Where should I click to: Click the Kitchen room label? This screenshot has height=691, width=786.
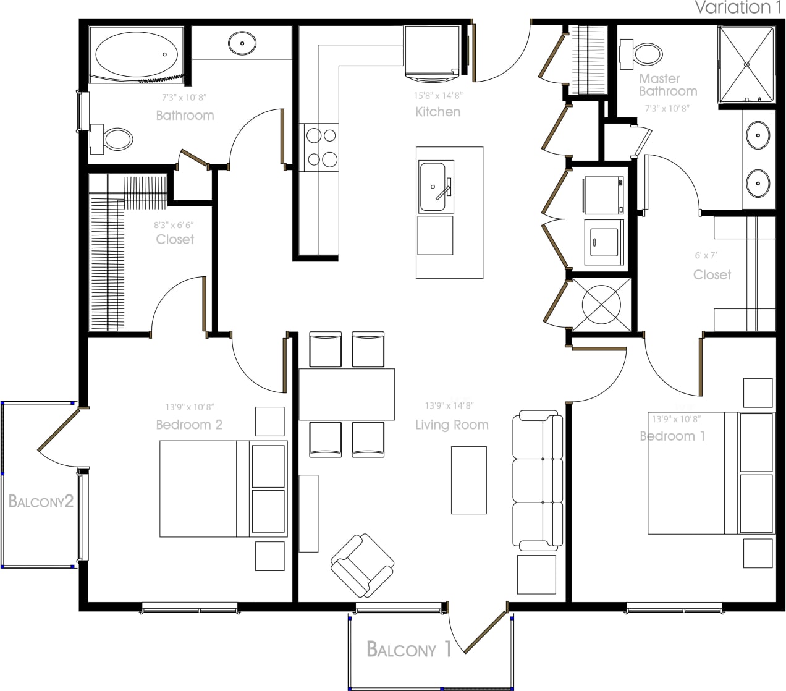(437, 112)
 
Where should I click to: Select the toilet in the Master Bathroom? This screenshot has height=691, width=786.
(643, 54)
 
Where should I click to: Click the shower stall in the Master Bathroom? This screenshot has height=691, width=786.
(746, 64)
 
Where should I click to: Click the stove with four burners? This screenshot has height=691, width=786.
(321, 147)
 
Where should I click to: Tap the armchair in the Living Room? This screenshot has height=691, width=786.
(361, 565)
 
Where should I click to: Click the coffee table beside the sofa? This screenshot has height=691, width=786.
(468, 480)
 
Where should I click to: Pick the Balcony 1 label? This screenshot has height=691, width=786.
(409, 650)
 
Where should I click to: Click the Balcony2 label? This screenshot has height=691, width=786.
(41, 501)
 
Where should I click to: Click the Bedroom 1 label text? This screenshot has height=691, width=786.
(672, 436)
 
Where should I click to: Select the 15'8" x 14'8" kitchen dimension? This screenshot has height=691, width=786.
(437, 96)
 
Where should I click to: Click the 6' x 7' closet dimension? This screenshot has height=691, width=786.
(706, 255)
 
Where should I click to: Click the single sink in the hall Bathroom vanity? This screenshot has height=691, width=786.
(242, 43)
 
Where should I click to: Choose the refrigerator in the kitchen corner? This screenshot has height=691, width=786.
(432, 52)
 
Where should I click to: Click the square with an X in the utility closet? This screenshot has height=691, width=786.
(601, 303)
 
